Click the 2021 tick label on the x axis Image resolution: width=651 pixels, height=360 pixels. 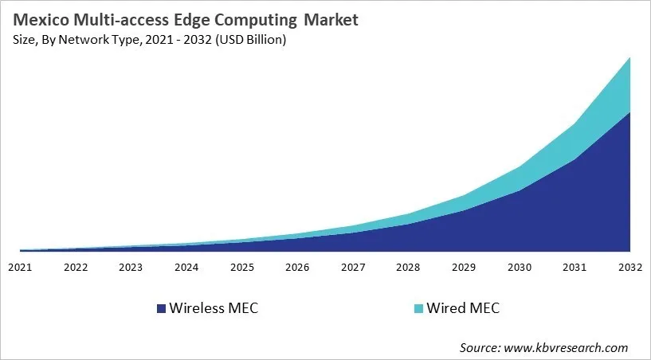tap(20, 268)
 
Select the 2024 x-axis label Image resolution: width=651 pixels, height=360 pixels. tap(186, 268)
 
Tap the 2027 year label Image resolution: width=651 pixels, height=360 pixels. tap(353, 268)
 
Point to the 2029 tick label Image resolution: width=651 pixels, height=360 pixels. tap(464, 268)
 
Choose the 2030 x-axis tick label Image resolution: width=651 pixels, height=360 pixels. tap(520, 268)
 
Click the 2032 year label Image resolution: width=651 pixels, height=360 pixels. tap(630, 268)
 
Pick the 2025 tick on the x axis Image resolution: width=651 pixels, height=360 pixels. tap(242, 268)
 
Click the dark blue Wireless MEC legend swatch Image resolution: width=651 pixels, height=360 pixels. tap(162, 308)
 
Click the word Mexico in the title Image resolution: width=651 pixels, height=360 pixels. tap(44, 21)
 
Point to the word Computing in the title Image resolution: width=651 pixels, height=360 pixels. tap(265, 21)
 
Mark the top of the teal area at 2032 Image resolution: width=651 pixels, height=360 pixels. tap(630, 58)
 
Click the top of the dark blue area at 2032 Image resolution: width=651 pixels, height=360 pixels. tap(630, 112)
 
